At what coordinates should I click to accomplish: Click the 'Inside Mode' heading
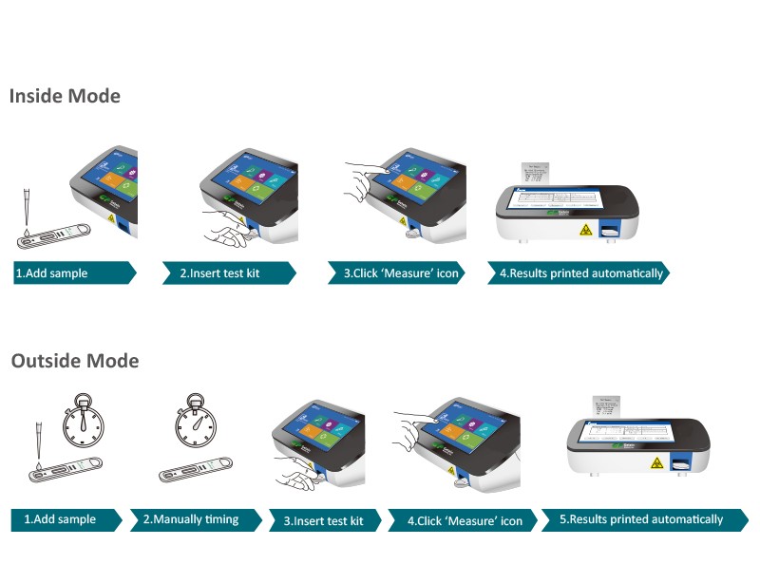(65, 96)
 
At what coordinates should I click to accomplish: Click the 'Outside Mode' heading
(74, 361)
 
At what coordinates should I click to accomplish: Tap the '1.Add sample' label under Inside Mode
(51, 273)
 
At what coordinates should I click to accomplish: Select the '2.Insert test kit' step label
(219, 273)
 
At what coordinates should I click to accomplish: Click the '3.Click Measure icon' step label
(401, 273)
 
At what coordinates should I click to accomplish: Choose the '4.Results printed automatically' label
(581, 273)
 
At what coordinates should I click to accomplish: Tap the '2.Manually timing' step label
(190, 519)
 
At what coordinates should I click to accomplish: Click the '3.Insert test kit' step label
(324, 520)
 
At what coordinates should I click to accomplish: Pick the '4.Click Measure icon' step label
(465, 520)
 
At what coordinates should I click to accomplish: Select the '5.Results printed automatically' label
(640, 519)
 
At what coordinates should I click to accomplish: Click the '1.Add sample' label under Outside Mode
(59, 519)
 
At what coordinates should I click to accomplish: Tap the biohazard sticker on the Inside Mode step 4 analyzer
(586, 229)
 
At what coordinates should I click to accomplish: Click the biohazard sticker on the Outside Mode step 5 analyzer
(655, 464)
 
